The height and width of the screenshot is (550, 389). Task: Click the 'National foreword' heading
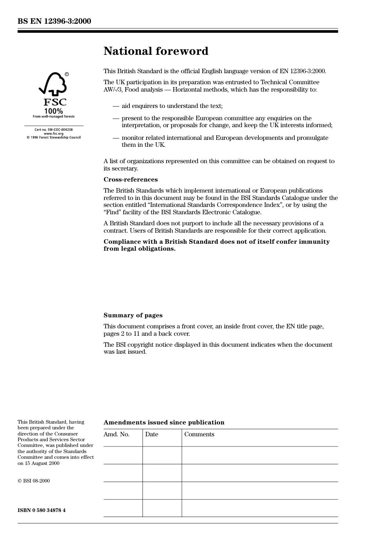click(156, 51)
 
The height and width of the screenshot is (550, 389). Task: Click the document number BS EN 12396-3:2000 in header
click(54, 21)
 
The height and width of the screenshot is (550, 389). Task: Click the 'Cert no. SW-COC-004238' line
click(54, 130)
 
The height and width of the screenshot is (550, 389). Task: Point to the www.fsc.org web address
click(54, 134)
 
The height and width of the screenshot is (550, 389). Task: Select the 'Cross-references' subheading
click(130, 180)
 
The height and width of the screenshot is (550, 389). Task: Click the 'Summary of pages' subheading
click(133, 315)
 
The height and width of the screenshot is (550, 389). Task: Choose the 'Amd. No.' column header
click(116, 434)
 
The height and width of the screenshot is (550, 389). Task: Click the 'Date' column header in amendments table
click(152, 434)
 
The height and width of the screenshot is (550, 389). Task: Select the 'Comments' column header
click(199, 434)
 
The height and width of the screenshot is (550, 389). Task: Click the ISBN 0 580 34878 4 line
click(41, 510)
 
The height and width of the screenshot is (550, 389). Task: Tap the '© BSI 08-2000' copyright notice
click(34, 481)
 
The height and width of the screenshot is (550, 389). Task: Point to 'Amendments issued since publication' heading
click(164, 422)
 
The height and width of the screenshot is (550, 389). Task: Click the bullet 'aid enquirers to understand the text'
click(172, 106)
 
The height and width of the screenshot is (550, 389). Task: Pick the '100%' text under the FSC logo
click(54, 111)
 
